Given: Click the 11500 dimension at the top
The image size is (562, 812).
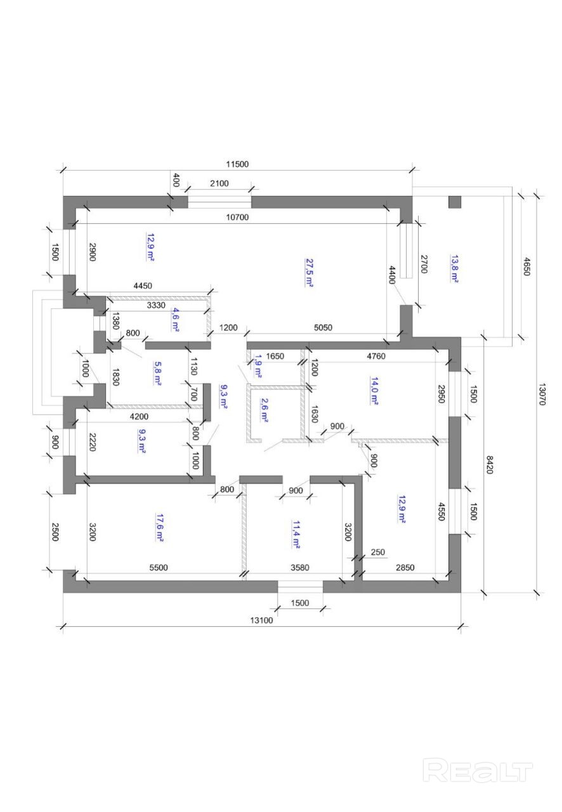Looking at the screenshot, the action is point(237,164).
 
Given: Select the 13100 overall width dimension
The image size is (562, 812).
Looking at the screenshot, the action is point(261,620).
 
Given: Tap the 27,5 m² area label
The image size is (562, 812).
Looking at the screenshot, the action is point(309,273).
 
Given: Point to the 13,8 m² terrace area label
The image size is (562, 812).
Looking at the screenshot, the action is point(454,268).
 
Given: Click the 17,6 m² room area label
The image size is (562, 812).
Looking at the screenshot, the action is point(159,527).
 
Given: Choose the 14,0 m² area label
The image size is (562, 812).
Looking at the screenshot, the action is point(374,391).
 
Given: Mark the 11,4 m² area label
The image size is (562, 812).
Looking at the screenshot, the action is point(296,535).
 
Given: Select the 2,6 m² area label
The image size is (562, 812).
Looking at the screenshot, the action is point(265,410).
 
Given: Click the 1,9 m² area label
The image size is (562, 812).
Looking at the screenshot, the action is point(258,367).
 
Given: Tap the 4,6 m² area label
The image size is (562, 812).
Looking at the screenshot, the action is point(176,320).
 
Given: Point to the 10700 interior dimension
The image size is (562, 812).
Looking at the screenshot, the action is point(237,217).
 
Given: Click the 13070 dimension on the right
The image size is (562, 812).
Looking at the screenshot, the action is point(542,395).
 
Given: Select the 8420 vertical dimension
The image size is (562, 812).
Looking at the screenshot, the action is point(490,465).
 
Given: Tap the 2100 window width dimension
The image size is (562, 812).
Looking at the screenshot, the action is point(219,183).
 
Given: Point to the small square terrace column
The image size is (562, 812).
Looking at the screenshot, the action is point(455,202).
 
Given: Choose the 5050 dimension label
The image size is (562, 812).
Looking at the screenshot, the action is point(323,328).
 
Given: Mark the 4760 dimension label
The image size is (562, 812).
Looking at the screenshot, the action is point(376,357).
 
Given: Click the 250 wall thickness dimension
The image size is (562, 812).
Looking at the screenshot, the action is point(378,552).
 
